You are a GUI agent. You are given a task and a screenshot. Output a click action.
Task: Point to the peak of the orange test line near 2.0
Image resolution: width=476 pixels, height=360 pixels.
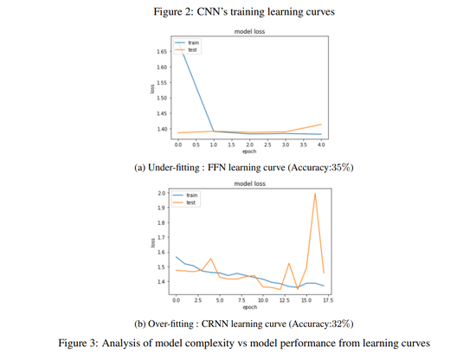315,194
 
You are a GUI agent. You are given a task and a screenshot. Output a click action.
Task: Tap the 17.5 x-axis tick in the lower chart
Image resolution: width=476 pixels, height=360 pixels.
325,300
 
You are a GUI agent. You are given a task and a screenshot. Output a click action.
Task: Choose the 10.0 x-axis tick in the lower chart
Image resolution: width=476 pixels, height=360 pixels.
262,300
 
